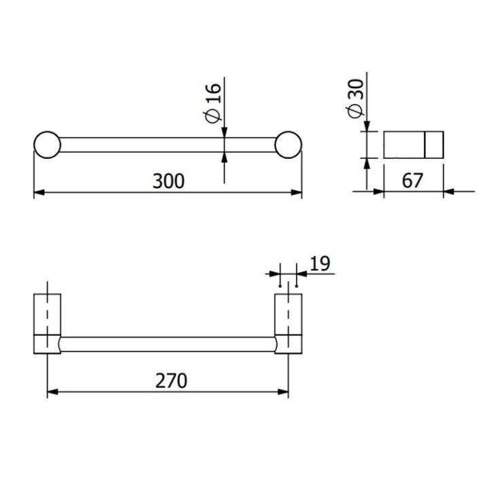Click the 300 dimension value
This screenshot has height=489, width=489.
click(x=168, y=181)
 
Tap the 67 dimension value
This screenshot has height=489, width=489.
click(x=412, y=181)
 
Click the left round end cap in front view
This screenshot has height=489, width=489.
click(x=47, y=145)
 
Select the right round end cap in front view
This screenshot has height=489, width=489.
click(x=289, y=145)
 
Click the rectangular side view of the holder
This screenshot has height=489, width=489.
click(x=414, y=145)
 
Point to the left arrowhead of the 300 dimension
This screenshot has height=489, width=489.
click(x=38, y=192)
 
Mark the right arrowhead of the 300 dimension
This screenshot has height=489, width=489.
click(x=297, y=192)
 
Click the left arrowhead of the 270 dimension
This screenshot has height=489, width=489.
click(x=52, y=392)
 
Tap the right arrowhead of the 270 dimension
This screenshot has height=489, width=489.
click(x=284, y=392)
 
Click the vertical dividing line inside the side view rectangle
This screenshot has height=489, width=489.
click(x=424, y=145)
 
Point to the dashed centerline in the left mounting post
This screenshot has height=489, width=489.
click(x=47, y=312)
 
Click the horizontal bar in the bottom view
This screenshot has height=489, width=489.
click(x=168, y=344)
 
